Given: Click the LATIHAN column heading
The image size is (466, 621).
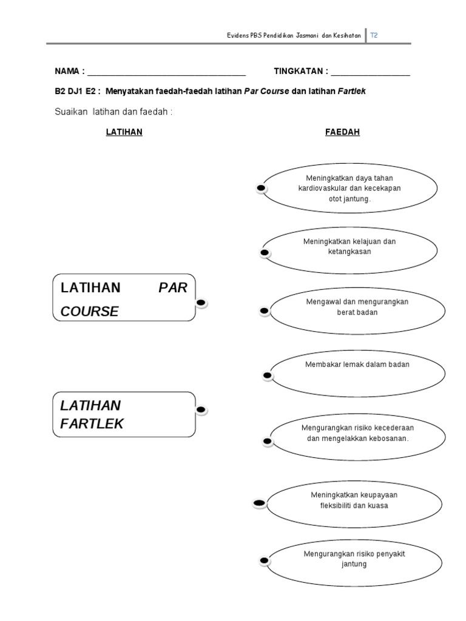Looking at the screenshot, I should coord(124,132).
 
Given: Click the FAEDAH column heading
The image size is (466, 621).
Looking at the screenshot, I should coord(342,132).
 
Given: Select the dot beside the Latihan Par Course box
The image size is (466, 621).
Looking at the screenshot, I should coord(202,303).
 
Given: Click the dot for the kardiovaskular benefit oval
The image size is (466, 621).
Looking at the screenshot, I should coord(261,189).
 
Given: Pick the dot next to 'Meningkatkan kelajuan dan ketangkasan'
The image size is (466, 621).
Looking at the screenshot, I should coord(265,252).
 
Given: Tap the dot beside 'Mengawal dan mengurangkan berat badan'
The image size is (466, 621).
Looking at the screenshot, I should coord(265,311).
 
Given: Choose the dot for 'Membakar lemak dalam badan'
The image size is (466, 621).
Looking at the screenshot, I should coord(268,376).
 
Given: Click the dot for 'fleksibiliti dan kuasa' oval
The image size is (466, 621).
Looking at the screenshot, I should coord(259,503).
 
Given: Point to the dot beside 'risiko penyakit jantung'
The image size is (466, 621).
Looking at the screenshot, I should coord(263,560).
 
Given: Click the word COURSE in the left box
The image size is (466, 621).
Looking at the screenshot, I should coord(89,312).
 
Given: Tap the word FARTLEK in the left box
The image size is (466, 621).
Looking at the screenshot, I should coord(92,424).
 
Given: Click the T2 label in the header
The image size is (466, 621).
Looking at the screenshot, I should coord(374,36).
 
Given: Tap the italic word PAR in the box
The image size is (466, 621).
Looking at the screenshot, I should coord(173,287).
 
